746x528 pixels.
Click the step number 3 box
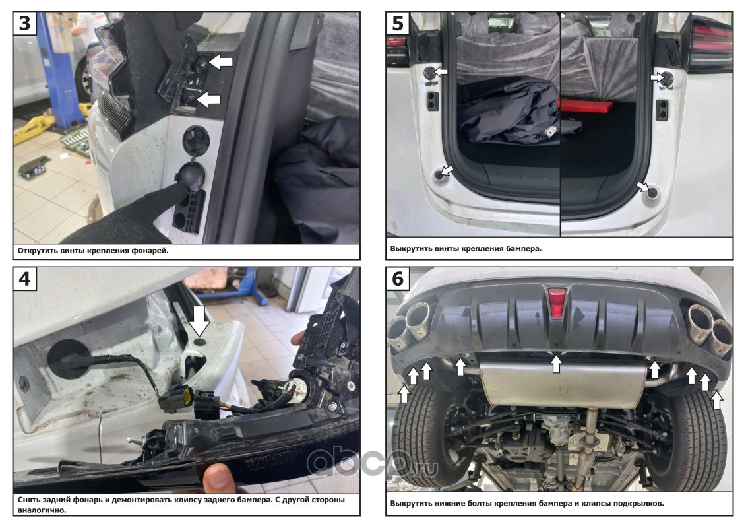pyautogui.click(x=24, y=23)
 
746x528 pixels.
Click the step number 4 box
pyautogui.click(x=24, y=278)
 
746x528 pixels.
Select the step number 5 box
pyautogui.click(x=397, y=23)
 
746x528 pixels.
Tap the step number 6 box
pyautogui.click(x=397, y=278)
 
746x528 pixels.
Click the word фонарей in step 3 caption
pyautogui.click(x=151, y=251)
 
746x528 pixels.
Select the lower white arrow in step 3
pyautogui.click(x=209, y=100)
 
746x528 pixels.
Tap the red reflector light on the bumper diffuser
pyautogui.click(x=557, y=302)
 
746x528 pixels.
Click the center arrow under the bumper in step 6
pyautogui.click(x=555, y=364)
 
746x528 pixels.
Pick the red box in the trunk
pyautogui.click(x=586, y=106)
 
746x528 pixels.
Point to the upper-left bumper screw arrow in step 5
pyautogui.click(x=441, y=71)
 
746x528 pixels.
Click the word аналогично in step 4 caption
pyautogui.click(x=40, y=510)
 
